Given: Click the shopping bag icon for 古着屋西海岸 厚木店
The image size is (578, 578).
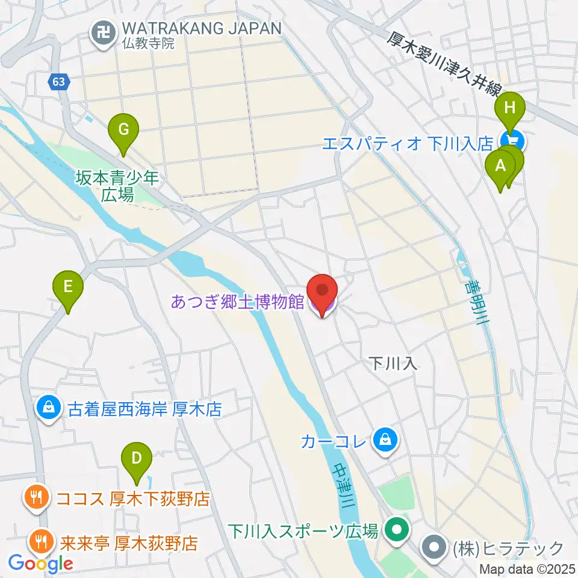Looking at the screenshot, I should point(48,409).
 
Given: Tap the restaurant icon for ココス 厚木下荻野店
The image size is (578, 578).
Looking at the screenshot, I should point(36,498).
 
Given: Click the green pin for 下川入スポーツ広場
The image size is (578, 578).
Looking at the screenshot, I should point(397,530).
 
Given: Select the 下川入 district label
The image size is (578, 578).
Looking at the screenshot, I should point(393,363).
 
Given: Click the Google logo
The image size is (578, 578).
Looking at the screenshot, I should point(41,564).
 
